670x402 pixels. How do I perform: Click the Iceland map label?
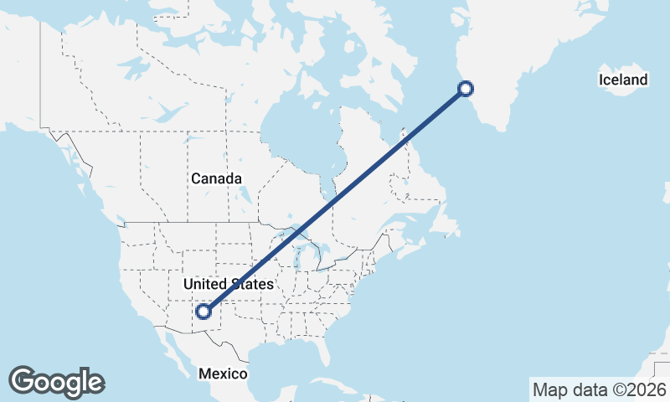point(623,80)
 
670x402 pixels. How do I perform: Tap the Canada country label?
point(216,179)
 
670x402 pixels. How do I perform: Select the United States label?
point(228,285)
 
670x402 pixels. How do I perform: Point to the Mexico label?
point(223,374)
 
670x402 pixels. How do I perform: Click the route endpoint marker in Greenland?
point(466,88)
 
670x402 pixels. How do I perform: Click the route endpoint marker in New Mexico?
point(203,312)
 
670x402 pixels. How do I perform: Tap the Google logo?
point(56,382)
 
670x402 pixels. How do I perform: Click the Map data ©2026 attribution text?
point(599,389)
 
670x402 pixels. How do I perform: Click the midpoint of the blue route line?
point(335,199)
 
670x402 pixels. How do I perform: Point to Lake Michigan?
point(302,256)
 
